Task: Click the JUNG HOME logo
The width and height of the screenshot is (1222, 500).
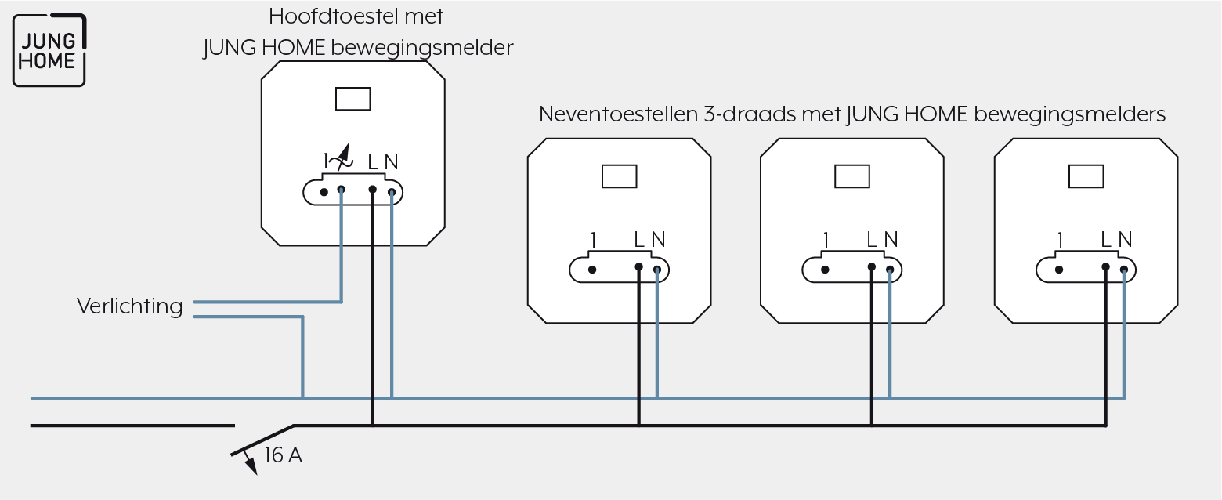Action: click(x=49, y=50)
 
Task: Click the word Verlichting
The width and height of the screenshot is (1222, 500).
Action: click(x=130, y=306)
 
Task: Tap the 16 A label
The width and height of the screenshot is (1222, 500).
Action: click(x=283, y=455)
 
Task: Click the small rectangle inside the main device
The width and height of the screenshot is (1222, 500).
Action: click(x=353, y=99)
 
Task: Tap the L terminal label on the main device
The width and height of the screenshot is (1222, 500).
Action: click(x=373, y=162)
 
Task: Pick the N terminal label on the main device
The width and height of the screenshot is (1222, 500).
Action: click(x=391, y=162)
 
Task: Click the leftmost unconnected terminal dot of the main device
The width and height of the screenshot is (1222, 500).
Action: click(x=324, y=192)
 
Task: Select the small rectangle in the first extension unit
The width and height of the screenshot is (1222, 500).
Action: click(x=619, y=176)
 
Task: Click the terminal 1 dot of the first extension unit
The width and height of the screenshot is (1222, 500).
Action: click(x=592, y=270)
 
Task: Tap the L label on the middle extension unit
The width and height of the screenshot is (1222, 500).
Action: click(x=872, y=240)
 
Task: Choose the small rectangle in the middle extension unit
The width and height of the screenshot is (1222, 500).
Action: click(x=852, y=176)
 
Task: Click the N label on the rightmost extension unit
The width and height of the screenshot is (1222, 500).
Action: click(x=1125, y=240)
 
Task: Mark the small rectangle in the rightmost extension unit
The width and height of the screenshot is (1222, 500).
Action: click(x=1086, y=176)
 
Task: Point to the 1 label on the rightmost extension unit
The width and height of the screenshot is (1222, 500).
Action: click(x=1060, y=240)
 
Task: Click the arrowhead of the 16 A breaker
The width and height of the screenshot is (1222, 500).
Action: click(x=251, y=466)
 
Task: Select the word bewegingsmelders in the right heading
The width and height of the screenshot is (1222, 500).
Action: click(x=1070, y=114)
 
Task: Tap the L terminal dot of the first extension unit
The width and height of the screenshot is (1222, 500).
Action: click(x=639, y=267)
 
